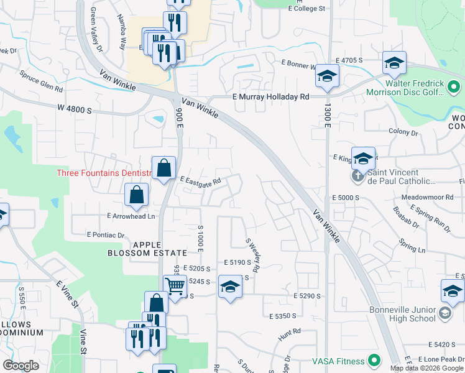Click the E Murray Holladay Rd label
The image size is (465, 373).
pyautogui.click(x=270, y=97)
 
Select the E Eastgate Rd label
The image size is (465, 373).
pyautogui.click(x=201, y=181)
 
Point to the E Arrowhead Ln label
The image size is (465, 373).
pyautogui.click(x=131, y=216)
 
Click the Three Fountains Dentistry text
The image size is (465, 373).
pyautogui.click(x=104, y=173)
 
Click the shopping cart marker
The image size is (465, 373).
pyautogui.click(x=176, y=287)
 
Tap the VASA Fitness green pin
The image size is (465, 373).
pyautogui.click(x=374, y=360)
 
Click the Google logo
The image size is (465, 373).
pyautogui.click(x=21, y=366)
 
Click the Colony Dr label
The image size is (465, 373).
pyautogui.click(x=403, y=132)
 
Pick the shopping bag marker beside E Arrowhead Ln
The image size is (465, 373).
pyautogui.click(x=136, y=195)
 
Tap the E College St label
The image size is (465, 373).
pyautogui.click(x=307, y=9)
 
